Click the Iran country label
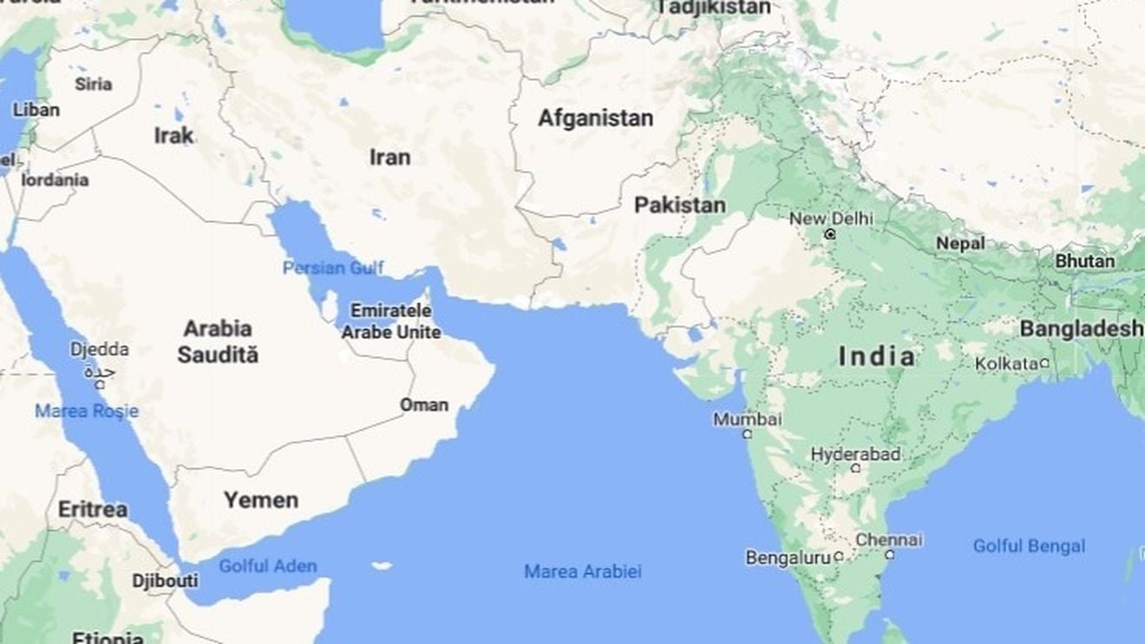point(389,157)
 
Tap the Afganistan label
point(595,118)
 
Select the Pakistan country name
point(679,205)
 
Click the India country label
point(877,355)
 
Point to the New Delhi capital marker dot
point(830,234)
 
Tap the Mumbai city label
point(747,420)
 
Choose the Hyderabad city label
point(855,454)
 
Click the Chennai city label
point(888,539)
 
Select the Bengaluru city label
point(788,557)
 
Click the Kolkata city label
point(1006,363)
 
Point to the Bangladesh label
point(1081,329)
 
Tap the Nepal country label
point(959,244)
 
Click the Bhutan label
point(1085,260)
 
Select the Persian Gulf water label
point(332,268)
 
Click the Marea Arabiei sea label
point(582,571)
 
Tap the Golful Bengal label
point(1029,546)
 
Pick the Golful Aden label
point(267,566)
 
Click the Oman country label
point(424,405)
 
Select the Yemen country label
point(260,499)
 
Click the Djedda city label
point(99,349)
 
